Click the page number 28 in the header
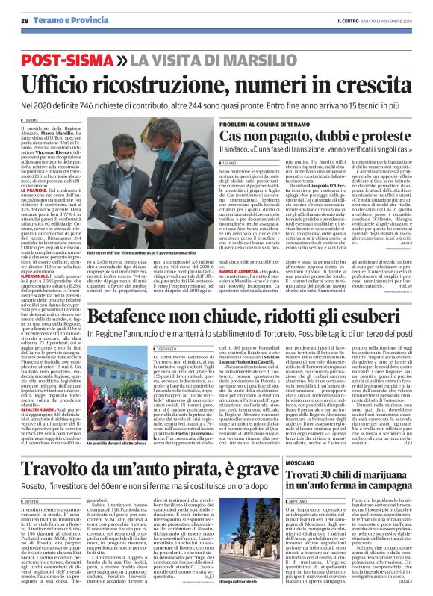pos(25,19)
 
